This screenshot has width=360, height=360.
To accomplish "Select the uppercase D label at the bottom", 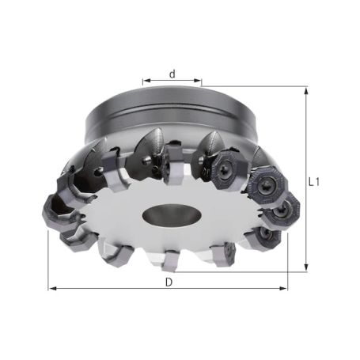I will coord(169,282).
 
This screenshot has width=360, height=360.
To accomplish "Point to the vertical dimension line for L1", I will coord(305,142).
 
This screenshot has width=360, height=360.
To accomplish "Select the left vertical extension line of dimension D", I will coord(48,261).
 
